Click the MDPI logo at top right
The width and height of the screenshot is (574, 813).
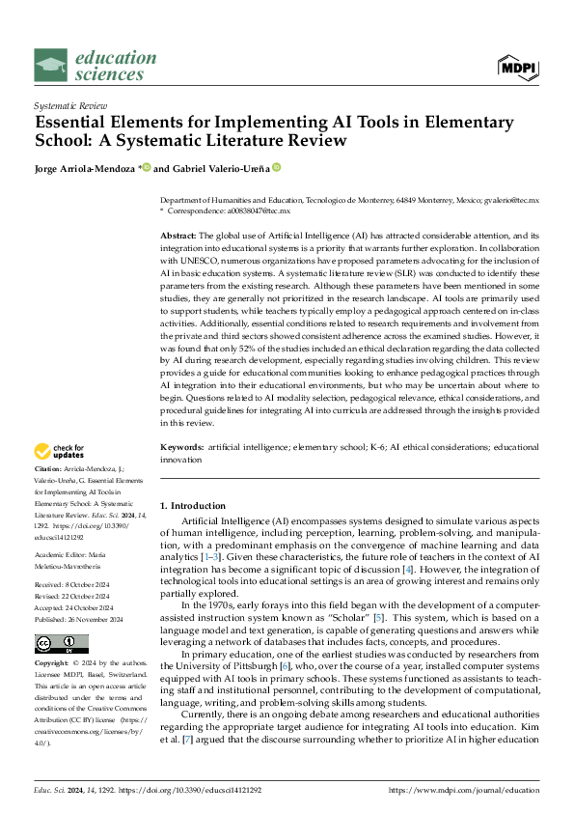point(517,67)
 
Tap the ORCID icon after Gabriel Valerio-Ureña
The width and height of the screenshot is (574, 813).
point(276,168)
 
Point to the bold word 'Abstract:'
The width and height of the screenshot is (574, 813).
point(178,236)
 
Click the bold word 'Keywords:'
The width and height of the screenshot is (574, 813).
point(181,448)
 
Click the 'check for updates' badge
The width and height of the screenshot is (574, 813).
point(61,450)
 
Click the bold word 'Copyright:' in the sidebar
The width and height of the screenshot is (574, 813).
point(54,665)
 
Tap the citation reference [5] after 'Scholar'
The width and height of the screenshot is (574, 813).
point(382,617)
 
